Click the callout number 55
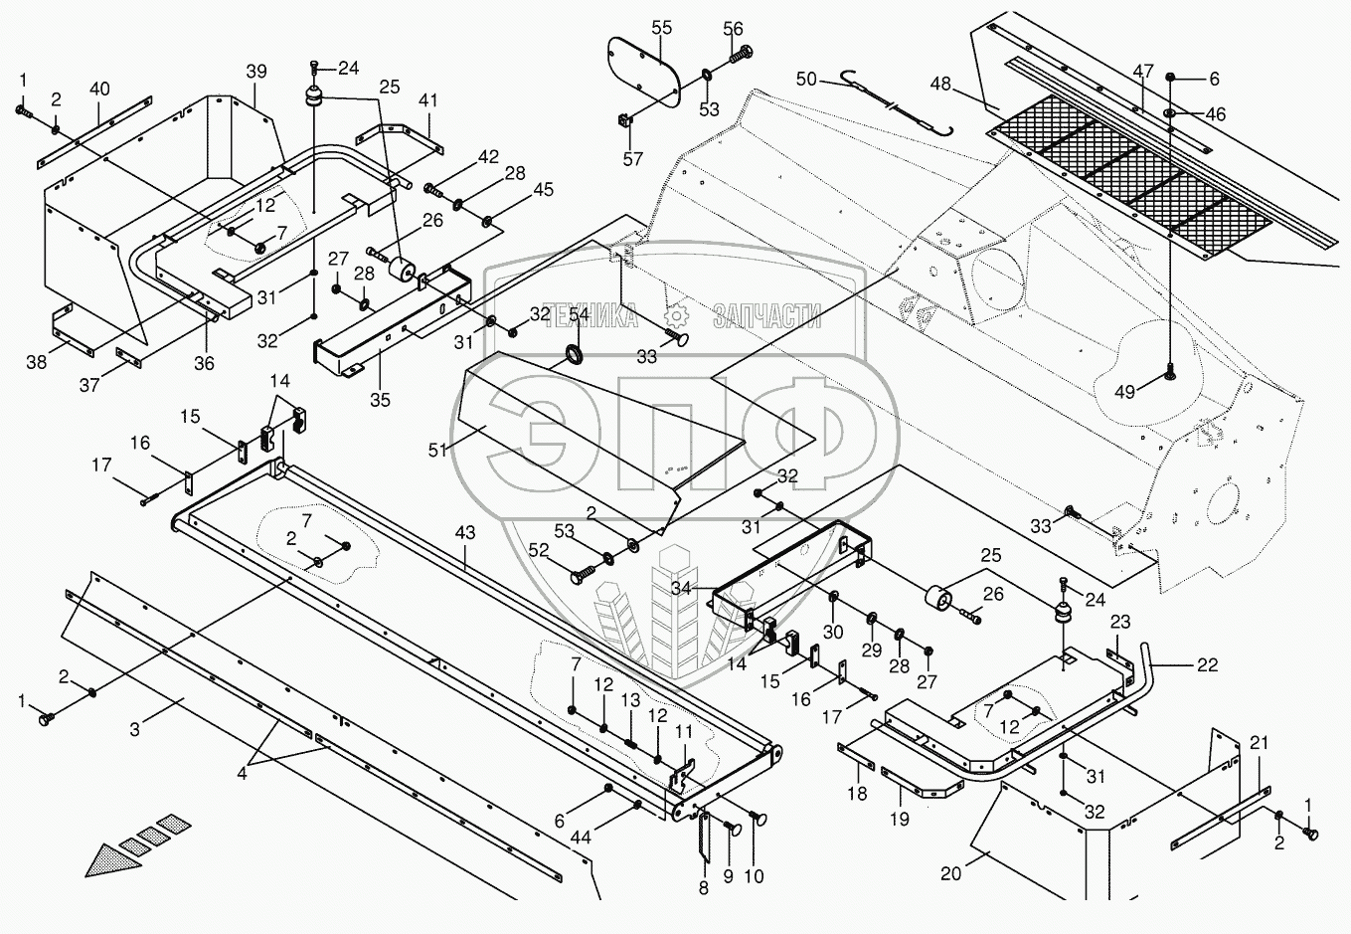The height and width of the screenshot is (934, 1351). [661, 28]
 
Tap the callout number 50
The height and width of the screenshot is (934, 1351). [806, 79]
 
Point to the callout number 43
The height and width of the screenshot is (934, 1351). [465, 533]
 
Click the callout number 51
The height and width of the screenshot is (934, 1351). [438, 450]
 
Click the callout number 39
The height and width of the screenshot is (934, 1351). [256, 72]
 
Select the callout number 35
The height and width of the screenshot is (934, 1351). [380, 400]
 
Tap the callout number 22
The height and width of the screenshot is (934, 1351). [1207, 664]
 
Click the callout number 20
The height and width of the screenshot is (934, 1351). [951, 873]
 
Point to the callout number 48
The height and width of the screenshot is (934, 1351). [940, 84]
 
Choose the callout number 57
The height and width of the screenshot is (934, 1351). [633, 159]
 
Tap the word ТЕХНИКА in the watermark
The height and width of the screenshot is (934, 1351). [590, 315]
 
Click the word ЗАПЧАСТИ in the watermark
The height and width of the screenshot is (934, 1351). [767, 315]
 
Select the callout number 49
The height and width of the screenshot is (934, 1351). [1124, 392]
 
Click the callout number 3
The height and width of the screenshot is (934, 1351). [134, 729]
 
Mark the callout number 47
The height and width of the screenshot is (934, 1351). [1143, 71]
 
